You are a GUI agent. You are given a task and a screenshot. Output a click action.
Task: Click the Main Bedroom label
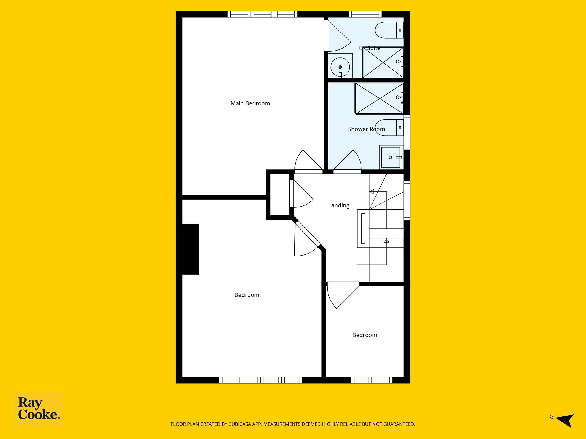(250, 103)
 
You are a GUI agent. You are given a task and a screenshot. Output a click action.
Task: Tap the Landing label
(339, 205)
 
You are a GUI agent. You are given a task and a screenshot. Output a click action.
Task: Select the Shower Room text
(366, 129)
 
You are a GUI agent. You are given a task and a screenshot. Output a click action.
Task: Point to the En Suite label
(370, 48)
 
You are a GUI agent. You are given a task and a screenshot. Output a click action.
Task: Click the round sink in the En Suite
(340, 67)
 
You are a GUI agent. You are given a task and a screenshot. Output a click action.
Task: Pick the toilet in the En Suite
(389, 30)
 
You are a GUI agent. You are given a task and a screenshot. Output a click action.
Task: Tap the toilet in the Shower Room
(389, 128)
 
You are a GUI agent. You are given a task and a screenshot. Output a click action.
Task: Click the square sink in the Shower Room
(391, 157)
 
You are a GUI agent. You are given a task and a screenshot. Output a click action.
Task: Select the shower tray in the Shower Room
(379, 99)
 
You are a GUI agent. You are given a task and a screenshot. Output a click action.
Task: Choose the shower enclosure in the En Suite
(383, 62)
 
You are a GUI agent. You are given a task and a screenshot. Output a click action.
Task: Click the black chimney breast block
(191, 249)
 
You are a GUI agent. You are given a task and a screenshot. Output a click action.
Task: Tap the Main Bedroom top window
(262, 14)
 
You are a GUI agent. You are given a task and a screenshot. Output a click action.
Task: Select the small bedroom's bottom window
(372, 380)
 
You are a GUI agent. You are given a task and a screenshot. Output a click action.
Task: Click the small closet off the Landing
(280, 195)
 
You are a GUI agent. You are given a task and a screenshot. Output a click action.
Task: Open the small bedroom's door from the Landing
(343, 296)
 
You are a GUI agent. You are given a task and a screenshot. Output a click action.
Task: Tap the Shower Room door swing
(347, 162)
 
